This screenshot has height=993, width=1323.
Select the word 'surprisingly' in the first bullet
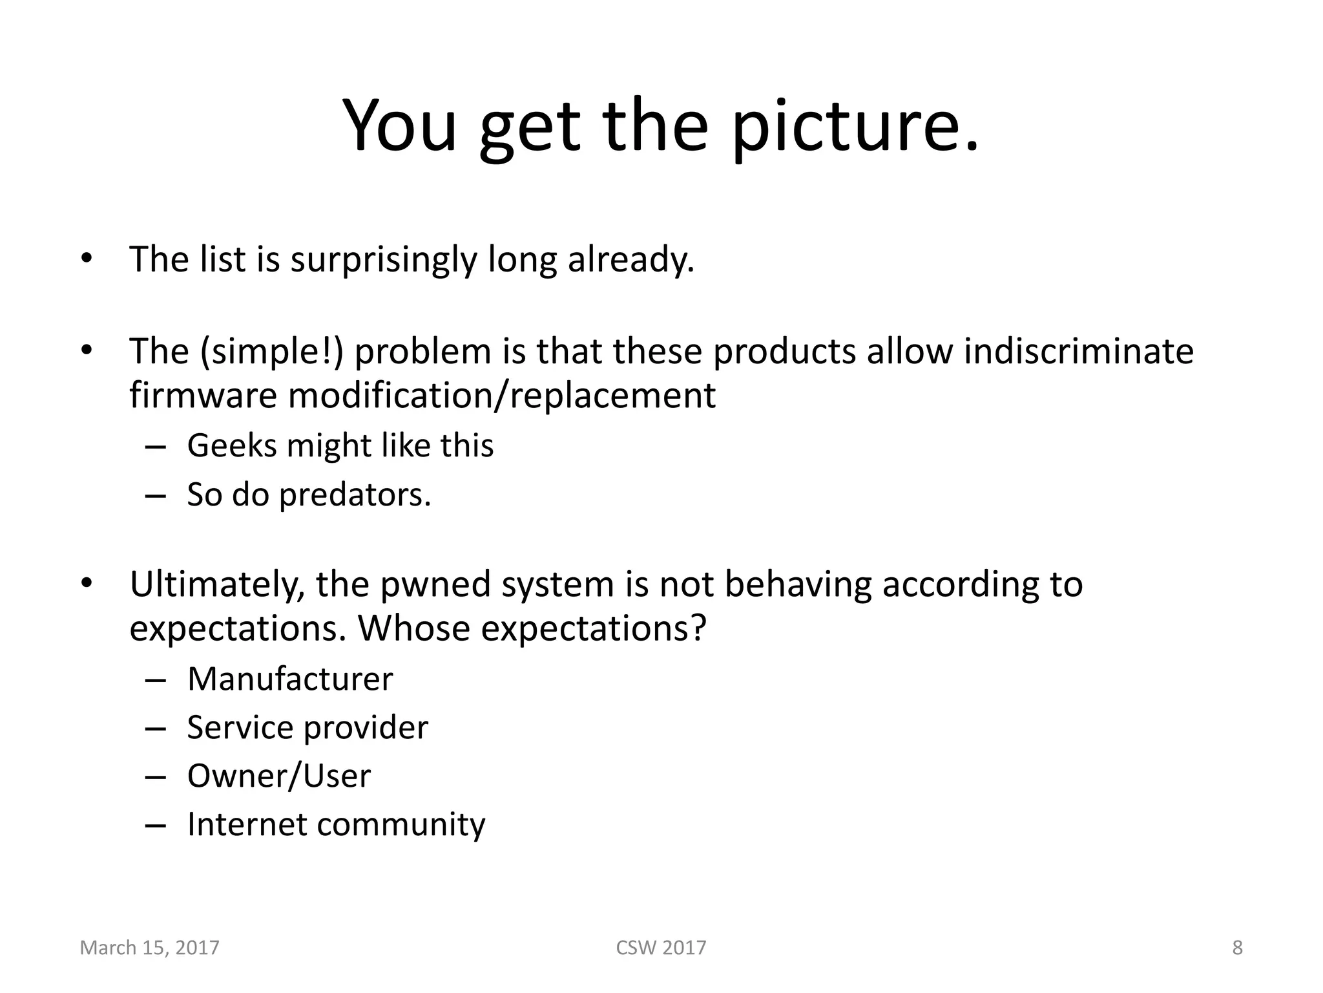[x=383, y=260]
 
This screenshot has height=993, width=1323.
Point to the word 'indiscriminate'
[x=1078, y=352]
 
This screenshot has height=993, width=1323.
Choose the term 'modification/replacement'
[x=501, y=396]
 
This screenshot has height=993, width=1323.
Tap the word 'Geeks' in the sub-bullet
[x=231, y=446]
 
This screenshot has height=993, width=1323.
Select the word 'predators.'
[x=355, y=495]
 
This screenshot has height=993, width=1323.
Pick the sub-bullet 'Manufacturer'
[x=290, y=679]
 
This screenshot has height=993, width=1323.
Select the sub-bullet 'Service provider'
[x=307, y=728]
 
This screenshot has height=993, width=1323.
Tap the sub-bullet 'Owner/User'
[x=279, y=776]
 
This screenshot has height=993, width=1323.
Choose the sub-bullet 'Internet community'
[x=336, y=825]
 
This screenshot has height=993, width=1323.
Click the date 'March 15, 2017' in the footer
[x=150, y=948]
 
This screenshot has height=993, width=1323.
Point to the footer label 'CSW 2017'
[x=661, y=948]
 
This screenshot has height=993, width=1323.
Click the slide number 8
[x=1237, y=948]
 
